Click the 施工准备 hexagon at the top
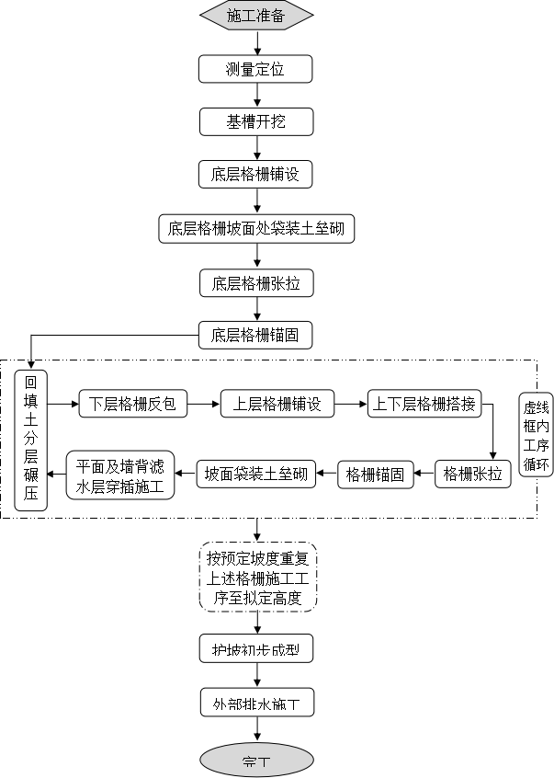pyautogui.click(x=256, y=15)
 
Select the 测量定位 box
pyautogui.click(x=256, y=69)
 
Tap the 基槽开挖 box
pyautogui.click(x=256, y=121)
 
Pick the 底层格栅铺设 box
pyautogui.click(x=256, y=174)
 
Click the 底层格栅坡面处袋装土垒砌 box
pyautogui.click(x=256, y=228)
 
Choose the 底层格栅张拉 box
pyautogui.click(x=256, y=283)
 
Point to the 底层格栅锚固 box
pyautogui.click(x=256, y=335)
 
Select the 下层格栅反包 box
pyautogui.click(x=132, y=404)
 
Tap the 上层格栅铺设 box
pyautogui.click(x=277, y=404)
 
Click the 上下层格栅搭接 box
pyautogui.click(x=424, y=404)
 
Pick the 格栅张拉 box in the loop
pyautogui.click(x=473, y=475)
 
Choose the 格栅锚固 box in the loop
pyautogui.click(x=374, y=475)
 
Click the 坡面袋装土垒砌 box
pyautogui.click(x=256, y=475)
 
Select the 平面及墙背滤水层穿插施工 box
pyautogui.click(x=119, y=475)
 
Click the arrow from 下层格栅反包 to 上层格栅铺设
pyautogui.click(x=204, y=404)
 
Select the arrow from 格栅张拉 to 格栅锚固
pyautogui.click(x=423, y=475)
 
